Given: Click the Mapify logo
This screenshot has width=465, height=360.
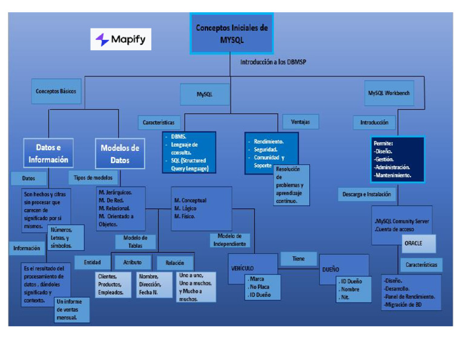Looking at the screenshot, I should point(121,40).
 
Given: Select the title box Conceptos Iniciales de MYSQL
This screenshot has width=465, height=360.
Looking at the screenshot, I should point(231,33).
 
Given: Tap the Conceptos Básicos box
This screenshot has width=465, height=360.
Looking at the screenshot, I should point(56,92).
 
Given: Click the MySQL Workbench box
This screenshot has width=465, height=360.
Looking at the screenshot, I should point(389,93).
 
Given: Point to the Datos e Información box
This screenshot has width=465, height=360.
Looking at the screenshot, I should point(48,154).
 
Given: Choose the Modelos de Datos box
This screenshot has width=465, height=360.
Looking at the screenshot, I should point(120,154).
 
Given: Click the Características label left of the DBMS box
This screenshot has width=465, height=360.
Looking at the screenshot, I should point(159,122).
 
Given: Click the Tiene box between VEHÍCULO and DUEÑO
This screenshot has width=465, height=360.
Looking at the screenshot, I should point(298,259).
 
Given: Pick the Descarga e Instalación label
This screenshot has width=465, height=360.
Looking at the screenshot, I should point(367,195).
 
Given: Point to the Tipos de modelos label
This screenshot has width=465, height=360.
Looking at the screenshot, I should point(94,178).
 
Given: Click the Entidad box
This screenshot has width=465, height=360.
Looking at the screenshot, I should point(92,262).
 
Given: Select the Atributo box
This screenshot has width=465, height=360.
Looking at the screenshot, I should point(133,262).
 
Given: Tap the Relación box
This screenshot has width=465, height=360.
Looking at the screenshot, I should point(175,262).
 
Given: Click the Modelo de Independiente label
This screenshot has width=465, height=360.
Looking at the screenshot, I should point(229,240).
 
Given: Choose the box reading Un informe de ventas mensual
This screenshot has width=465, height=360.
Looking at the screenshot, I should point(71,309).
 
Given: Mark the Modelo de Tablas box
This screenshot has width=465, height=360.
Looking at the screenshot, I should point(136,242).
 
